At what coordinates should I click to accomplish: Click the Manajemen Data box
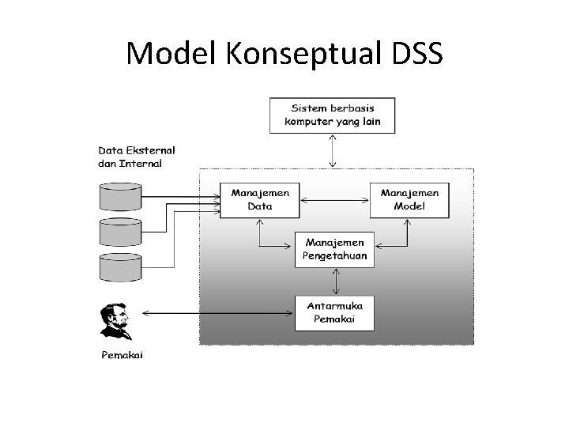click(260, 199)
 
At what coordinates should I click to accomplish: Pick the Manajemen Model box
click(409, 199)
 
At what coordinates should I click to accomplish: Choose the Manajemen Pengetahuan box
click(335, 249)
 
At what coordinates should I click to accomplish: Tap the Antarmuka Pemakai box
click(335, 312)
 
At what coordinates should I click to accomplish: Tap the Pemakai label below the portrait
click(122, 355)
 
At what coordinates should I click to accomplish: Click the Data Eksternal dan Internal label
click(137, 157)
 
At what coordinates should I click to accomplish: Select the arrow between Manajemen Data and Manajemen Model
click(335, 200)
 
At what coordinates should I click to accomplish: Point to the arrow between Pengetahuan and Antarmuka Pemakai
click(337, 281)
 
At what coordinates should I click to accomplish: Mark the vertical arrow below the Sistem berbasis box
click(333, 149)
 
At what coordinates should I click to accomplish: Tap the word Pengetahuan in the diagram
click(335, 256)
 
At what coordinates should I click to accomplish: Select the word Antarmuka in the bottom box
click(335, 306)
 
